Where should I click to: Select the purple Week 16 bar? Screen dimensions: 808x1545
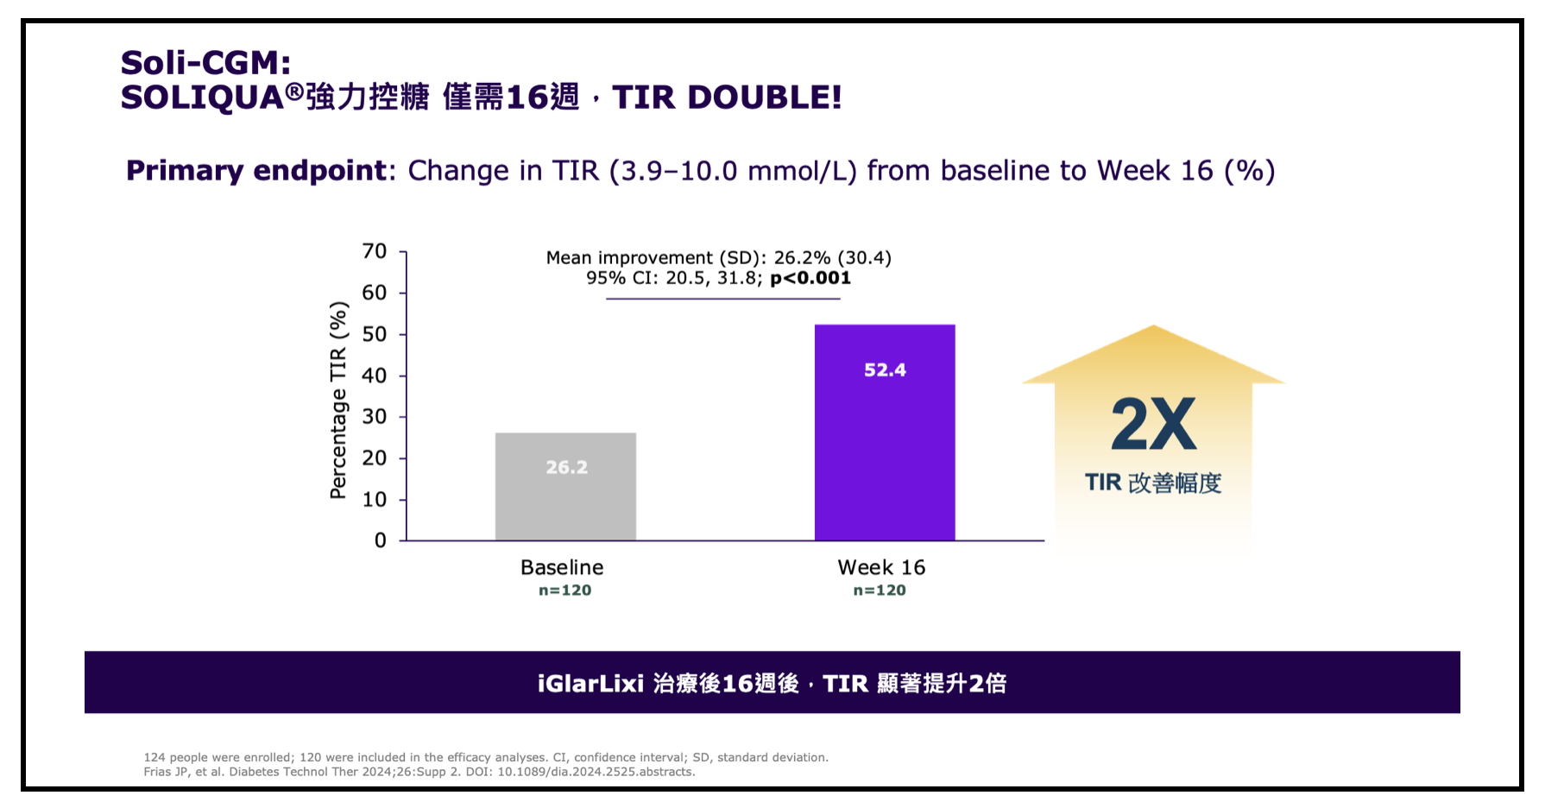tap(885, 449)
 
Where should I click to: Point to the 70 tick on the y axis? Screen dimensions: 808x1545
tap(375, 251)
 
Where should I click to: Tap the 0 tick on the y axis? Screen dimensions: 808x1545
tap(380, 540)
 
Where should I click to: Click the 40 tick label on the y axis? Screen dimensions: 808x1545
tap(375, 376)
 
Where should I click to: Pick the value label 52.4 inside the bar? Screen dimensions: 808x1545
tap(885, 370)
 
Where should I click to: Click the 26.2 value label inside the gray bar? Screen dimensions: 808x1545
tap(566, 467)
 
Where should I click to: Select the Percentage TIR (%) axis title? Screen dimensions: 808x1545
tap(338, 400)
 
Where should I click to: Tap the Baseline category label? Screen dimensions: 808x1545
tap(562, 567)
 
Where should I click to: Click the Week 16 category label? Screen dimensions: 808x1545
tap(881, 567)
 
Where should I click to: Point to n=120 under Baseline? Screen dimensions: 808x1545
tap(564, 590)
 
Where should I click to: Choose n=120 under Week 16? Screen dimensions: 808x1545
tap(880, 590)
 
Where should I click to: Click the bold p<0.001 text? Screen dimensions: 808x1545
tap(810, 278)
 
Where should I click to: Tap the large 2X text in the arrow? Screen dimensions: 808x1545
tap(1153, 424)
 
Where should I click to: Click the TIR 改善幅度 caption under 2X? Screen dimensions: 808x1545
tap(1153, 483)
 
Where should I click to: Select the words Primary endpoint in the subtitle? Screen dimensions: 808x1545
tap(256, 170)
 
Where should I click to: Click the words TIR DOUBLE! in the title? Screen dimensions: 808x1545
tap(727, 97)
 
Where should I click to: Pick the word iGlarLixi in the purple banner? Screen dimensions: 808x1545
tap(590, 684)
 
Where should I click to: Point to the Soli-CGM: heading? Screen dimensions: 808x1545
tap(205, 62)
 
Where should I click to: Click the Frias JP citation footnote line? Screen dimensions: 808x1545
tap(419, 772)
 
